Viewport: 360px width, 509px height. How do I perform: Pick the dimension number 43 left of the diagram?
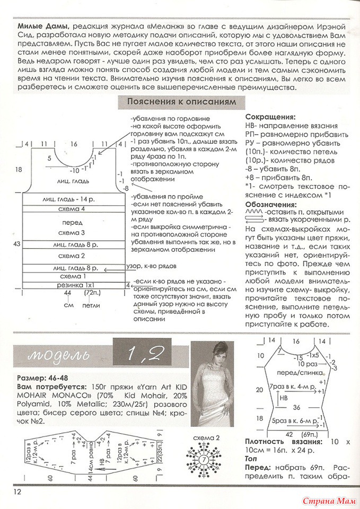pos(17,244)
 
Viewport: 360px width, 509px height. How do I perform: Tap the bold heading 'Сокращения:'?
pos(270,116)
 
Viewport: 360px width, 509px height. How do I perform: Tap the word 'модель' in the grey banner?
pos(63,354)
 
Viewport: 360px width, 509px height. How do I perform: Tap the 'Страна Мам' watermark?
pos(329,499)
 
